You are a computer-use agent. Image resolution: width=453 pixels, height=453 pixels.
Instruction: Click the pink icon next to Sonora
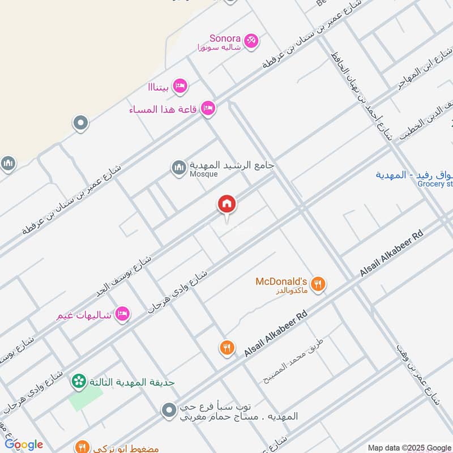[251, 41]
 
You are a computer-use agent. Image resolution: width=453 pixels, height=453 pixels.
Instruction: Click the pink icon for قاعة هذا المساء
[208, 108]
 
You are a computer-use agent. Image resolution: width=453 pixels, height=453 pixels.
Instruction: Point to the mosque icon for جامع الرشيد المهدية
[179, 168]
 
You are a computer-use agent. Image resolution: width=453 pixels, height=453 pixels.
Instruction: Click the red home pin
[226, 204]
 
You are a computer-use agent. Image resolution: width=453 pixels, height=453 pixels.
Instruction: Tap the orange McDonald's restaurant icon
[318, 283]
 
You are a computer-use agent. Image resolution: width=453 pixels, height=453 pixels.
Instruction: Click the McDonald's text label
[281, 281]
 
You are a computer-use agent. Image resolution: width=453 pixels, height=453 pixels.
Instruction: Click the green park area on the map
[83, 400]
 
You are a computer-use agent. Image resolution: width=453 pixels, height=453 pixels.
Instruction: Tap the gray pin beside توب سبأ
[169, 411]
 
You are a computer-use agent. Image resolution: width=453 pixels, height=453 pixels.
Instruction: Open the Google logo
[24, 445]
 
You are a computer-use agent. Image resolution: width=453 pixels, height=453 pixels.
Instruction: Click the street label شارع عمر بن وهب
[418, 374]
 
